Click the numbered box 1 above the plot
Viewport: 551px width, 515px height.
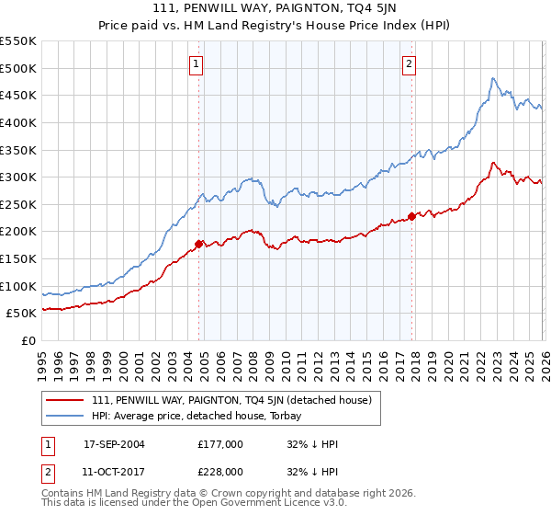click(x=197, y=63)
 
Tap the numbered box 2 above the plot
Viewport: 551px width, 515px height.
click(x=409, y=63)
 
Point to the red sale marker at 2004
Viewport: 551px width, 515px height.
click(x=198, y=244)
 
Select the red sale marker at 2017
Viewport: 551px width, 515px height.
click(x=411, y=216)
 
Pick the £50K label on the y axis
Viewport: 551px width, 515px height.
click(x=21, y=314)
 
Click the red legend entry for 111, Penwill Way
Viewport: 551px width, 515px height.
click(x=231, y=400)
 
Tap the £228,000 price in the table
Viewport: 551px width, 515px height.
click(x=220, y=472)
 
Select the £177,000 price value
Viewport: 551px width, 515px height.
click(x=220, y=444)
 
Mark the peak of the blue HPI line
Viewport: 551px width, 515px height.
click(x=493, y=78)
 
